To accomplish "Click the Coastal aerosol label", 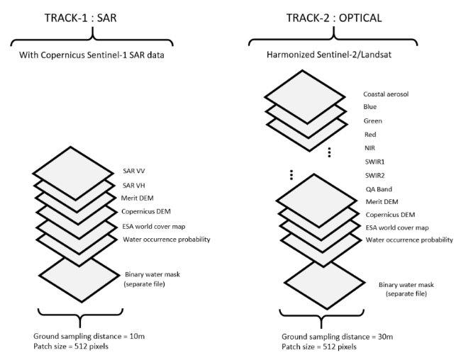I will click(386, 94).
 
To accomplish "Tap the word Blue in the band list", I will click(371, 108).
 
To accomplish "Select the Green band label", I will click(373, 121).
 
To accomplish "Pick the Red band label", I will click(370, 135).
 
